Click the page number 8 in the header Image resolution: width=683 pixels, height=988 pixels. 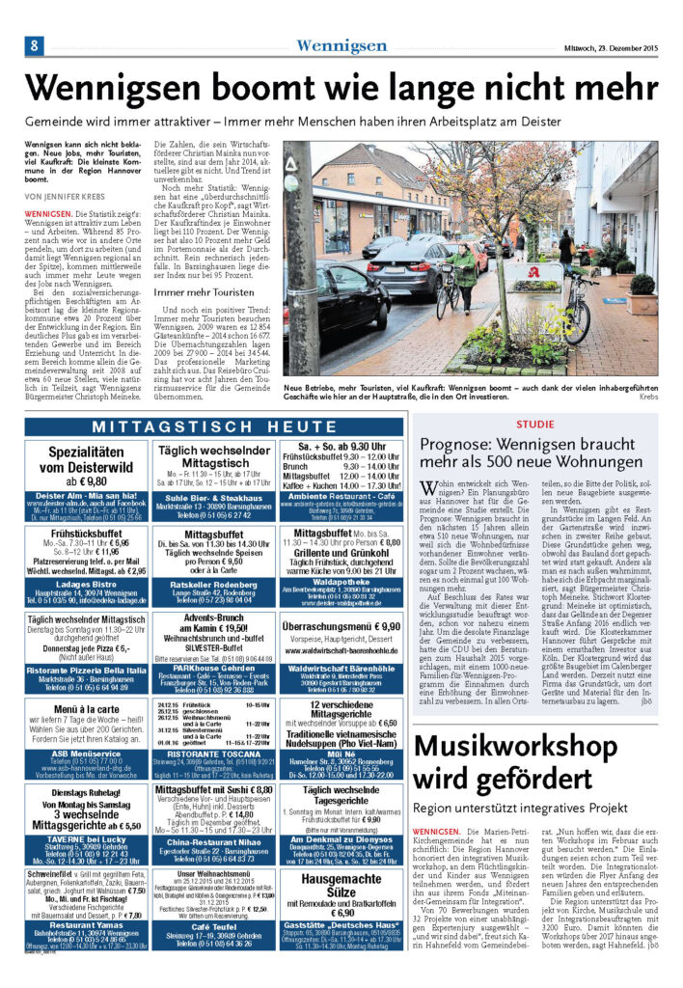[x=33, y=46]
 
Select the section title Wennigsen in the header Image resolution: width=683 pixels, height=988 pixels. [x=341, y=46]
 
